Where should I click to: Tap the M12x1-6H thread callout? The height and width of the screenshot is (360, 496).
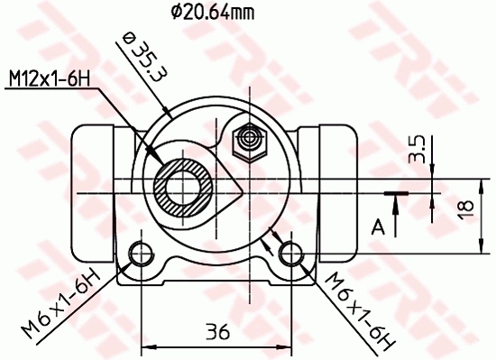pyautogui.click(x=53, y=80)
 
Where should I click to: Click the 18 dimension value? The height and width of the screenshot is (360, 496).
pyautogui.click(x=465, y=207)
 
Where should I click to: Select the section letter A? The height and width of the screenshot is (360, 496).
pyautogui.click(x=379, y=225)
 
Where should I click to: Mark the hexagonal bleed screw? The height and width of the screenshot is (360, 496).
pyautogui.click(x=248, y=141)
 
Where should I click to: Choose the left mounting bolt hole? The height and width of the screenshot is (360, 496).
pyautogui.click(x=142, y=252)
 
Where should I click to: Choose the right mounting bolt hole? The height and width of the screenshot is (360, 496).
pyautogui.click(x=289, y=252)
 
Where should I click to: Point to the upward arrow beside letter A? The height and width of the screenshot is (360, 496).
pyautogui.click(x=396, y=204)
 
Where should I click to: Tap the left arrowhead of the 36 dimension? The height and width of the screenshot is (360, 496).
pyautogui.click(x=150, y=346)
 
